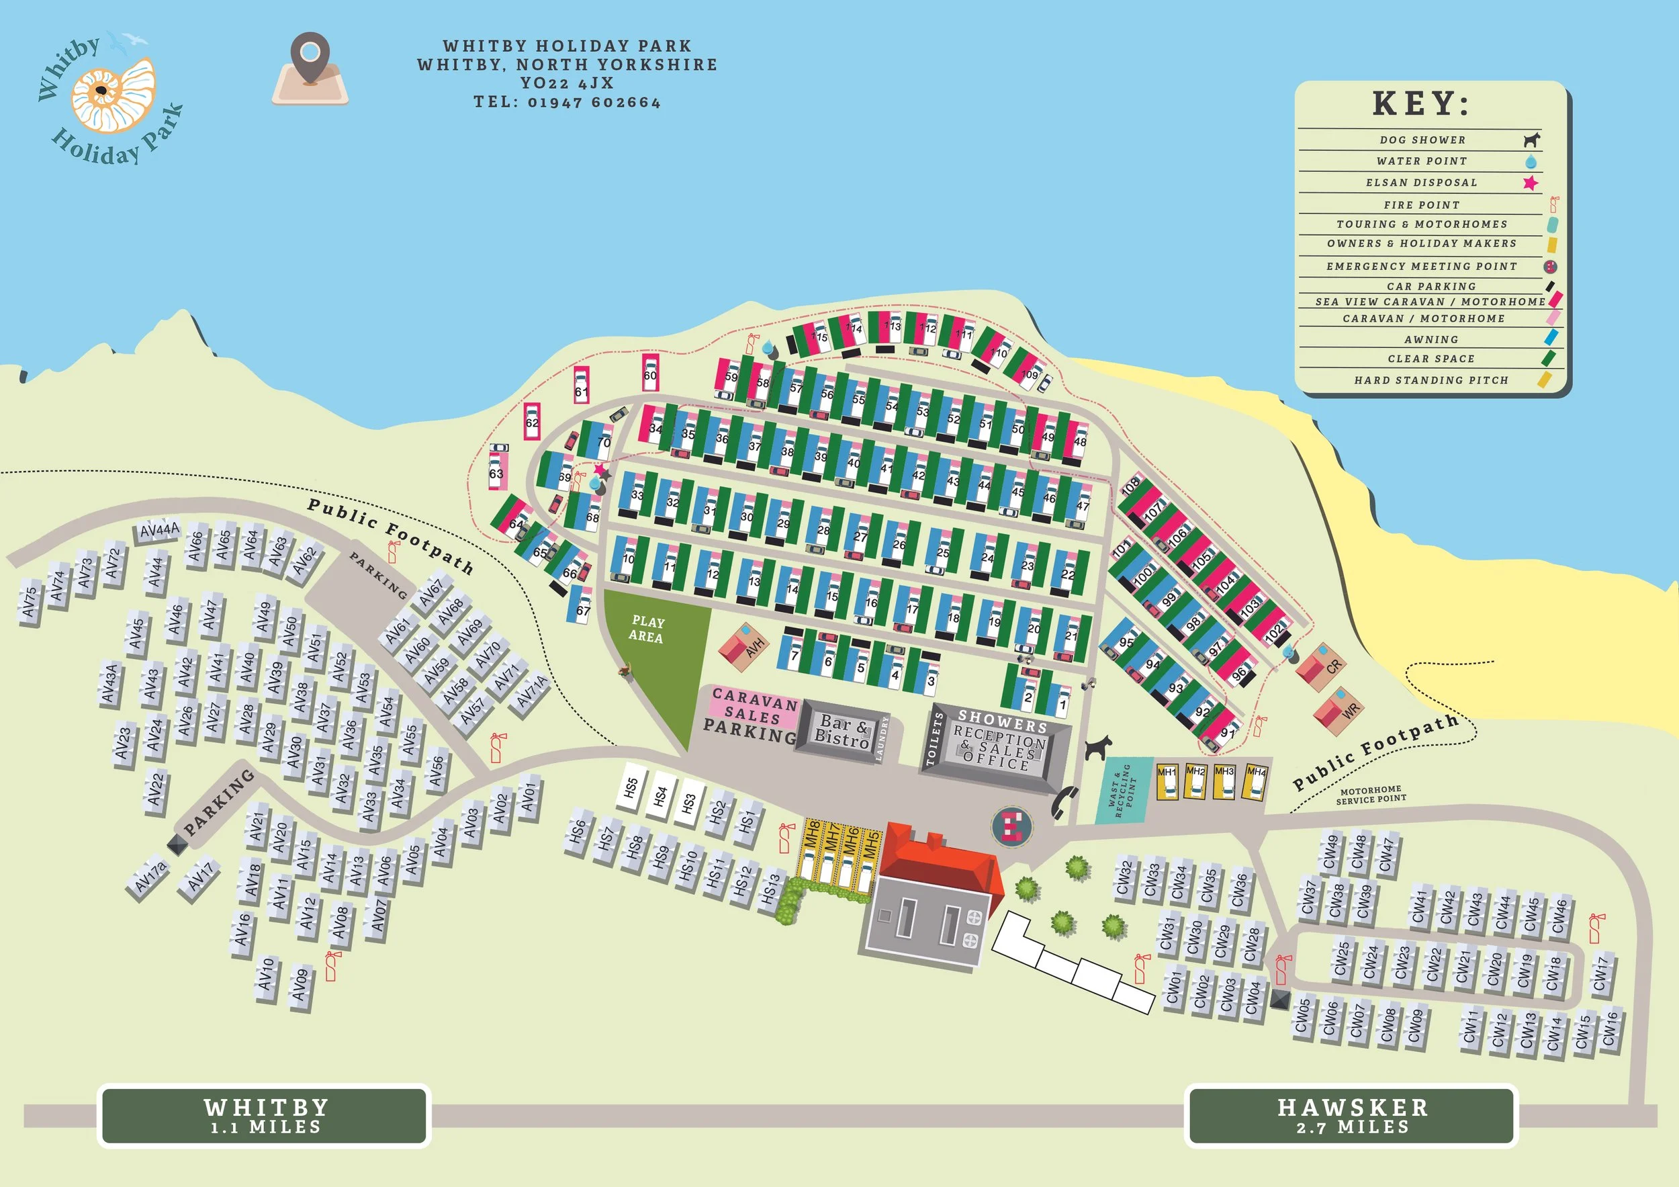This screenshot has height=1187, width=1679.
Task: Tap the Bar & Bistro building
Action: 842,732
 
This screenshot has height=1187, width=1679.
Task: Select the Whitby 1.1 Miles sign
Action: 264,1115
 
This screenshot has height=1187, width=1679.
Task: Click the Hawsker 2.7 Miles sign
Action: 1351,1115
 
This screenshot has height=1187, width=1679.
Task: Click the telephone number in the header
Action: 567,102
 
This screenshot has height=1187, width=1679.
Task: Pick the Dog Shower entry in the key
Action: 1422,140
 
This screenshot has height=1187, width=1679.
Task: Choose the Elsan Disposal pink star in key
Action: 1530,183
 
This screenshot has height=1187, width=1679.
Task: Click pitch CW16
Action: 1610,1030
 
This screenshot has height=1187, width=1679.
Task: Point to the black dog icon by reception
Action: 1097,747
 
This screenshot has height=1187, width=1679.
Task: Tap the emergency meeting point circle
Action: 1011,826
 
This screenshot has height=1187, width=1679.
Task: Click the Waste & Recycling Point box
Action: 1122,790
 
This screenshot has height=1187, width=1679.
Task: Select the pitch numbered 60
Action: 650,373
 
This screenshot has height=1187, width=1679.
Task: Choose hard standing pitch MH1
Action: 1167,781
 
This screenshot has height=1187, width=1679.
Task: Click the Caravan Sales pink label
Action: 754,706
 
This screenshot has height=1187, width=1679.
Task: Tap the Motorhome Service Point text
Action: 1371,795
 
